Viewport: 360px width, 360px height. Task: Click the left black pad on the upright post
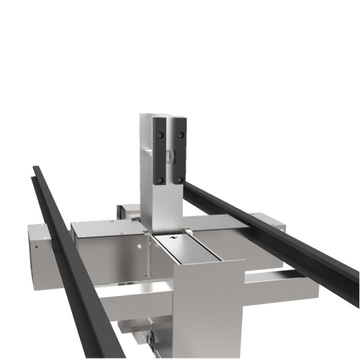(158, 150)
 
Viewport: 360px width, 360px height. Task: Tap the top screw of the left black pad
(158, 122)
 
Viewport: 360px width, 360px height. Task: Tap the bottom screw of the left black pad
(160, 179)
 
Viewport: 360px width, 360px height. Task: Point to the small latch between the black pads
(168, 153)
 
